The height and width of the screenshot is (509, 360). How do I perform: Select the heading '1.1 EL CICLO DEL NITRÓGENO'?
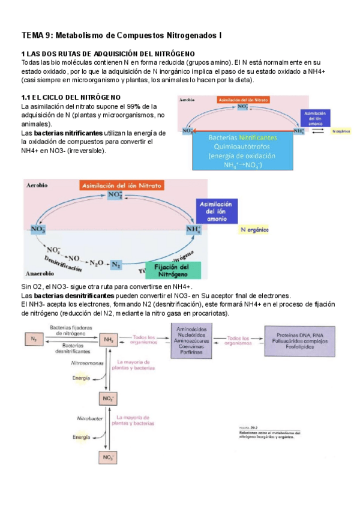[x=70, y=97]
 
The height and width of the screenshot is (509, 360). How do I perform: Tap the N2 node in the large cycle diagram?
[x=117, y=264]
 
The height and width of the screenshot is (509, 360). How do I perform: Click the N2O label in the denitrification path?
[x=97, y=262]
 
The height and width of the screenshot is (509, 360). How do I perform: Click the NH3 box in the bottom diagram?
[x=109, y=340]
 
